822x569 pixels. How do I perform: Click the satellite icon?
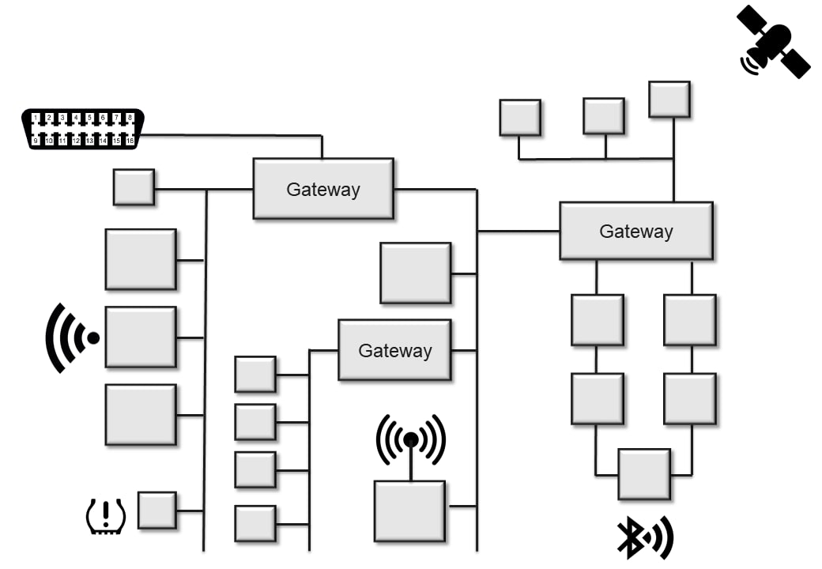(772, 41)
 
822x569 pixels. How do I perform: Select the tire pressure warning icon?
(105, 516)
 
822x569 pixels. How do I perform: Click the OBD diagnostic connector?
(82, 129)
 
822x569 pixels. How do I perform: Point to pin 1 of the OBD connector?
(36, 118)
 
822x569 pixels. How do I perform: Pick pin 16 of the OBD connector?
(130, 141)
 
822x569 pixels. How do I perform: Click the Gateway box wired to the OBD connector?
(322, 189)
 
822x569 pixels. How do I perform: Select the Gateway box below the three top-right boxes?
(635, 231)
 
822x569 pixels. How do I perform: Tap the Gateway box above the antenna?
(394, 350)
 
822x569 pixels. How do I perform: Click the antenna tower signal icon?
(411, 441)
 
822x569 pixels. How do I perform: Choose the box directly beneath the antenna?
(409, 511)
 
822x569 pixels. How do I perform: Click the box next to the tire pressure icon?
(156, 510)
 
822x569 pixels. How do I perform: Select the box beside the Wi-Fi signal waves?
(141, 337)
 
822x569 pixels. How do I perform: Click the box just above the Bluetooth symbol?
(643, 474)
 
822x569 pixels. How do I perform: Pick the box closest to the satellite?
(669, 100)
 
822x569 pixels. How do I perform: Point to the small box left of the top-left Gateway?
(134, 187)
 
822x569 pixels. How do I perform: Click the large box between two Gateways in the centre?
(415, 273)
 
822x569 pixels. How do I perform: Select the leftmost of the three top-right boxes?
(519, 118)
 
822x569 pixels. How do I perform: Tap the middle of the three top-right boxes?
(603, 116)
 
